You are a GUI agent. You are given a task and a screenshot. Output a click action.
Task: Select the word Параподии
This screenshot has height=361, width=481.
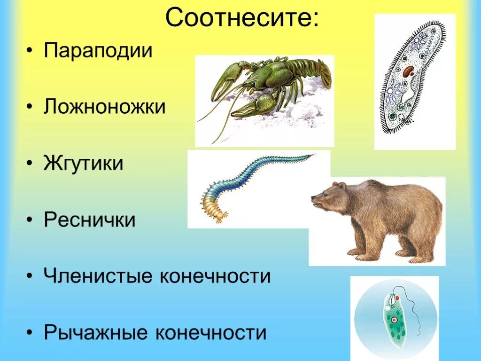point(99,50)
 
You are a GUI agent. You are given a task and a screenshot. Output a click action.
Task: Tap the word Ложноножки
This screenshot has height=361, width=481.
point(105,107)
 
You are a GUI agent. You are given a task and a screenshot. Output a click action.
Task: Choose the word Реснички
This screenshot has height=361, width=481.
point(90,220)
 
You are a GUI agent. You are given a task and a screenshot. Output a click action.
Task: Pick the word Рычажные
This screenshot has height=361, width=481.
point(96,332)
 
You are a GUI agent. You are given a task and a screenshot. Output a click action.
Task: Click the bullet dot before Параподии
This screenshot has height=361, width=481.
point(30,51)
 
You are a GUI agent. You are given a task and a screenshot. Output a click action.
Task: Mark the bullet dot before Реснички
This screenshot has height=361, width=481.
point(30,220)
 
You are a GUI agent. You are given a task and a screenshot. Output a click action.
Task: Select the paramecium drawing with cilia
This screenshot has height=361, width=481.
point(413,80)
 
